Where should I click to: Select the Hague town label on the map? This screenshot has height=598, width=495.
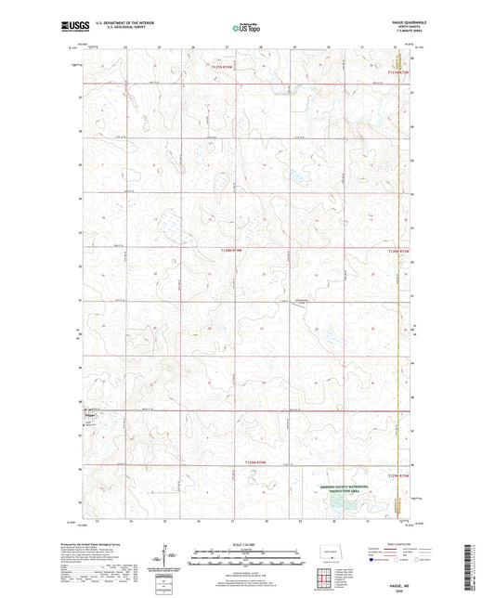77,415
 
